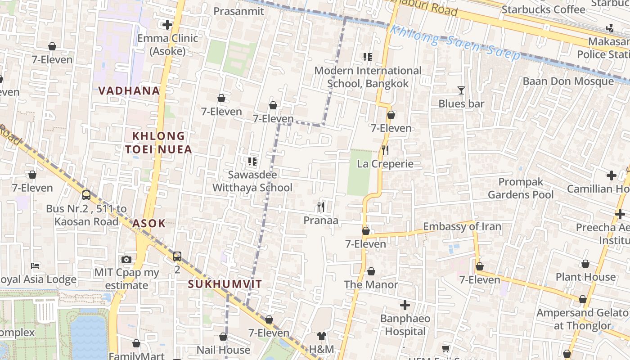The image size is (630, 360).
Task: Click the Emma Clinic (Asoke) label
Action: (x=167, y=45)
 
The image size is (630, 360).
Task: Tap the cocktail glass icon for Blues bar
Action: (x=461, y=90)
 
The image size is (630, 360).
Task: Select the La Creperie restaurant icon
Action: (x=385, y=150)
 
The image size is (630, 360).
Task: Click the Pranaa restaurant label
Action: (x=320, y=220)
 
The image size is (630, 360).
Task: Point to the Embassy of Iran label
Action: (x=462, y=226)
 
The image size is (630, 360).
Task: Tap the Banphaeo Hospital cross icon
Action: (x=405, y=306)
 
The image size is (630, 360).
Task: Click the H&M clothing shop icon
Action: (x=321, y=336)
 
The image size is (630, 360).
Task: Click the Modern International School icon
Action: (x=368, y=57)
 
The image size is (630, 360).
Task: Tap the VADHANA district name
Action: (x=129, y=90)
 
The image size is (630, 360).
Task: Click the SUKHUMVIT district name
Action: (x=225, y=284)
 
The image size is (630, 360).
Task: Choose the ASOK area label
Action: (x=149, y=223)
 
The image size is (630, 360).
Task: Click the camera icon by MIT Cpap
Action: (x=126, y=259)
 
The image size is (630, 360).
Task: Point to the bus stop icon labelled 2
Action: (x=177, y=256)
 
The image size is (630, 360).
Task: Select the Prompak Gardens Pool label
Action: (x=521, y=188)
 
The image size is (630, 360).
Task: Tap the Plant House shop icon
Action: (x=585, y=264)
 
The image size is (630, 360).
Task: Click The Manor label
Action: (x=371, y=284)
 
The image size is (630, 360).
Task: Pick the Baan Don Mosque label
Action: (x=568, y=81)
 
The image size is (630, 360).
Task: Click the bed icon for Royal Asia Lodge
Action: (x=35, y=266)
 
